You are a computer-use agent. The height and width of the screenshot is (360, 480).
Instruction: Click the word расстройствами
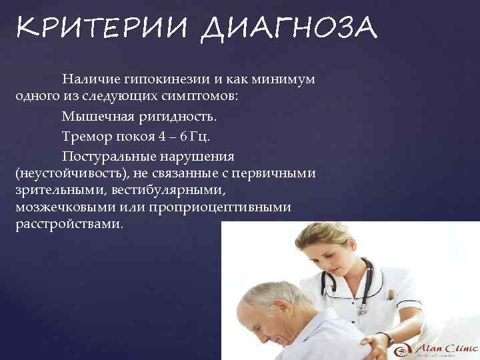click(x=69, y=224)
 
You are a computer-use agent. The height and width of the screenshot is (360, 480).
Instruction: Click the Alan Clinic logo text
click(x=444, y=347)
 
